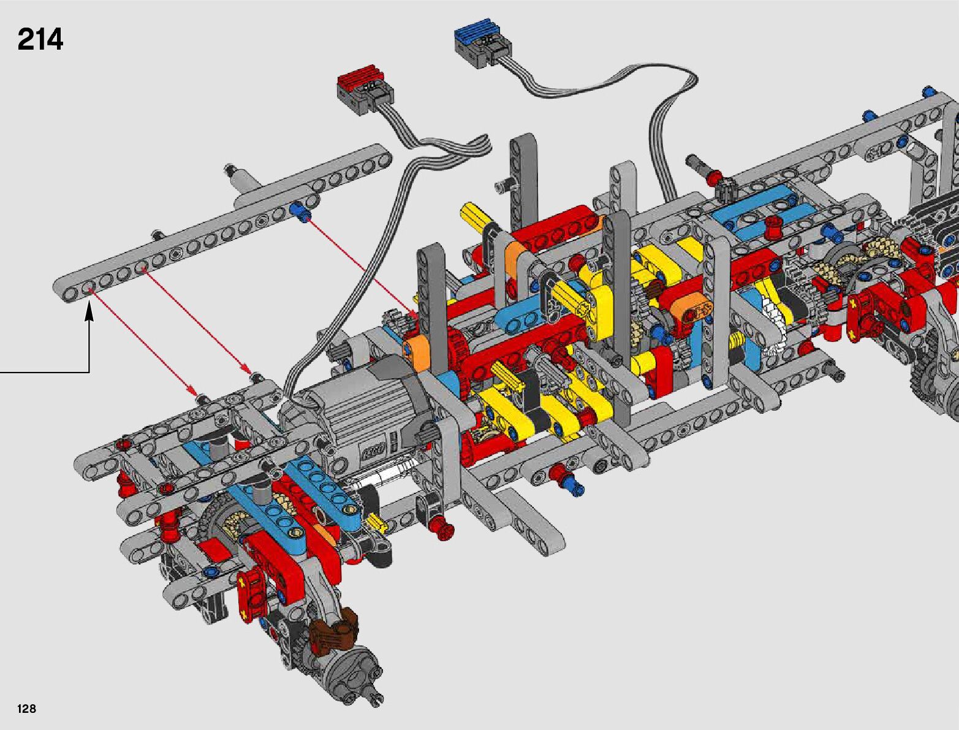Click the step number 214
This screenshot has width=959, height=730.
coord(40,39)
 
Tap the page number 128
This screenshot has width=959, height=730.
coord(26,708)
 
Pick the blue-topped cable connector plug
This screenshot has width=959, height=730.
coord(483,42)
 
